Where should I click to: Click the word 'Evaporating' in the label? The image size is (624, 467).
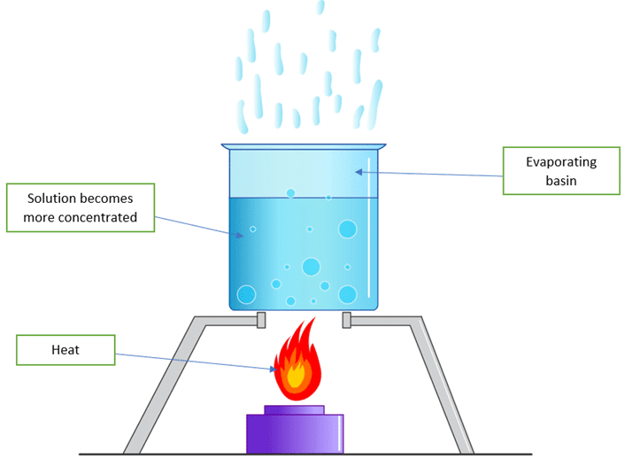tap(561, 162)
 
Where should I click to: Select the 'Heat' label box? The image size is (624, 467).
tap(65, 350)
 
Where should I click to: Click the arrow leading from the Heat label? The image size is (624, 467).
tap(195, 360)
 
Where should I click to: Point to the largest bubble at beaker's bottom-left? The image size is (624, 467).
tap(245, 294)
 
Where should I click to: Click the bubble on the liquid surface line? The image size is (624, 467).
tap(290, 193)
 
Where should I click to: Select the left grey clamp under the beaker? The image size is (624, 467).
tap(260, 320)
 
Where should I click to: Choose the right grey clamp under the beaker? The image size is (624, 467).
tap(347, 320)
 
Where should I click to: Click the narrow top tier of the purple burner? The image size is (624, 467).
tap(294, 410)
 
